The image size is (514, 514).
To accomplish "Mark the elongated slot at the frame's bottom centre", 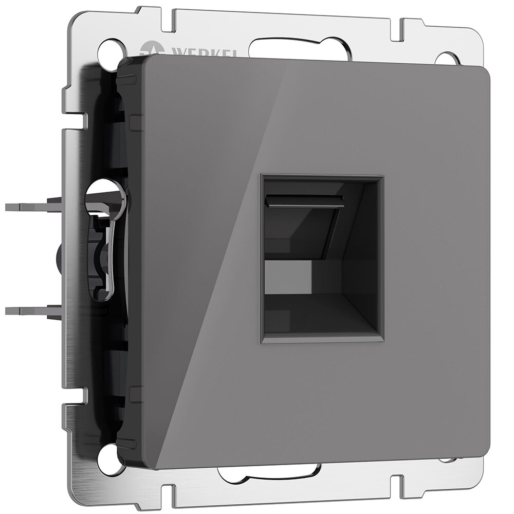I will pyautogui.click(x=267, y=472).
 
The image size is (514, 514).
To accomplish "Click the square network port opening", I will pyautogui.click(x=322, y=259).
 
